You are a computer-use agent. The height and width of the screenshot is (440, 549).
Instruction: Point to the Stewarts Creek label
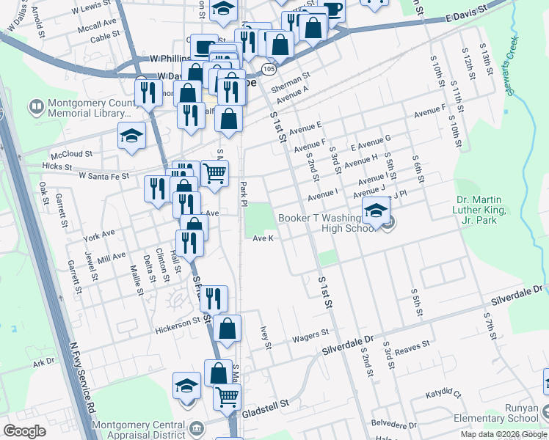click(515, 73)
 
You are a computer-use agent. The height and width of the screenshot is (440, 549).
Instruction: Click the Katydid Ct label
click(446, 395)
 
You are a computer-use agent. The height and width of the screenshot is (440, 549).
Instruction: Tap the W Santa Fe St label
click(103, 176)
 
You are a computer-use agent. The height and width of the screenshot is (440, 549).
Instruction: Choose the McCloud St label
click(71, 155)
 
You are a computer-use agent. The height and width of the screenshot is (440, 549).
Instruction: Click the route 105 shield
click(268, 69)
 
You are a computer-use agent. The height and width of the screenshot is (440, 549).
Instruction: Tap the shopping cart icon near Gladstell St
click(227, 396)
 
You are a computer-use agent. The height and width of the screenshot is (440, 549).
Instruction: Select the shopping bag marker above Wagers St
click(228, 330)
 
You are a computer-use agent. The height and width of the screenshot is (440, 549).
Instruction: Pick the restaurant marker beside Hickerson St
click(214, 298)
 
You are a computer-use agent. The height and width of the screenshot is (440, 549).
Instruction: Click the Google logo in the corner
click(24, 432)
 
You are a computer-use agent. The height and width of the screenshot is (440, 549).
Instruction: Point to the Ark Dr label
click(43, 362)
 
